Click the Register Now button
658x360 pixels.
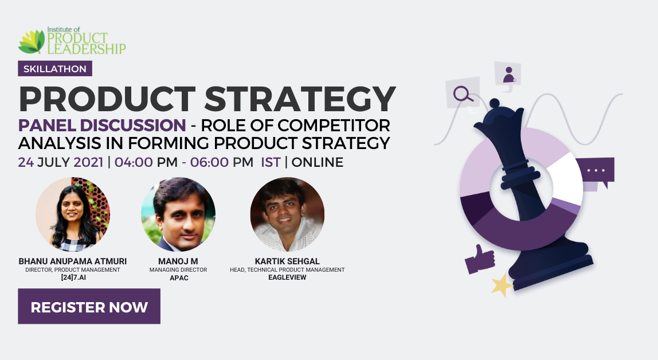point(89,306)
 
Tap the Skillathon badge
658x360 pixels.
point(55,69)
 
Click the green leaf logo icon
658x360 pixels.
point(32,41)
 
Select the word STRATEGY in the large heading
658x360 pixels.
point(300,99)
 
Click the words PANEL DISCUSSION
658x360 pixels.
point(102,126)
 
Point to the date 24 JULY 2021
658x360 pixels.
point(60,162)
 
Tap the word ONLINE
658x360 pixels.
point(318,162)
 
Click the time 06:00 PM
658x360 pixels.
point(222,162)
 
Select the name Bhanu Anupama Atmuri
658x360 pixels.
point(73,261)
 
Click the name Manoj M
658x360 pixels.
point(178,261)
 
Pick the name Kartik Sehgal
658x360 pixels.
point(288,261)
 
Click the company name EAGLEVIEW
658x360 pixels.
point(288,277)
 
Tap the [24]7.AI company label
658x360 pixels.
point(73,277)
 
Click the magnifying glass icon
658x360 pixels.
point(463,93)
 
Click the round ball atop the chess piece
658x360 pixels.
point(495,103)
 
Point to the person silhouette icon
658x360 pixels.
point(509,75)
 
